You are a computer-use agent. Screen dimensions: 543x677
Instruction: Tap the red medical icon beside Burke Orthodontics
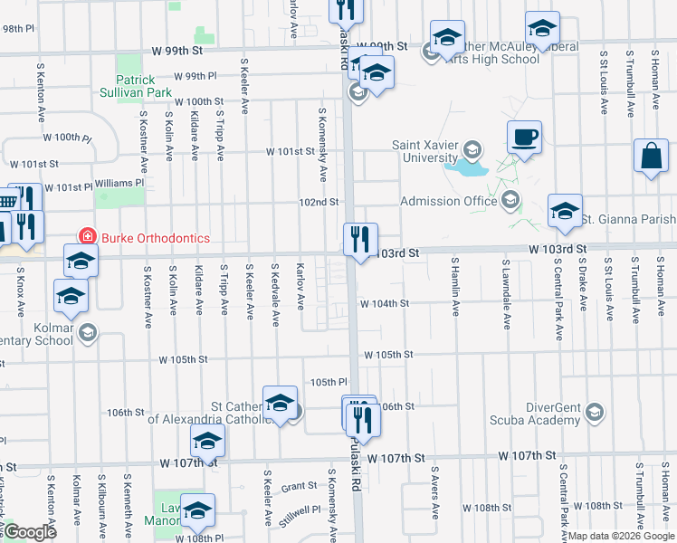tap(88, 237)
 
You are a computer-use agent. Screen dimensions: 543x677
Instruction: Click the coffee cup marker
tap(524, 138)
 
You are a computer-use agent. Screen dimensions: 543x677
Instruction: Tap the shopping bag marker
tap(651, 156)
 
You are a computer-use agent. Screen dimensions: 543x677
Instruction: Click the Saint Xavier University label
tap(424, 151)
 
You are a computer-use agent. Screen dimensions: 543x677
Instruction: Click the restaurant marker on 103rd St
tap(360, 241)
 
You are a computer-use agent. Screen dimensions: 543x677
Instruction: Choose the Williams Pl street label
tap(119, 182)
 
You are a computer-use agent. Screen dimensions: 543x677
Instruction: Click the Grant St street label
tap(298, 486)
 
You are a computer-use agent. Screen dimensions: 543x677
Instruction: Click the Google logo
tap(30, 531)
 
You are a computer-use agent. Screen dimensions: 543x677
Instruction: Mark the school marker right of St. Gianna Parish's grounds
tap(565, 211)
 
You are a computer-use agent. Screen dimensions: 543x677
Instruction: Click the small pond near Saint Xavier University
tap(471, 167)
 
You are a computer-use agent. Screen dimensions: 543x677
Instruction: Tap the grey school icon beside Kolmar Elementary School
tap(87, 333)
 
